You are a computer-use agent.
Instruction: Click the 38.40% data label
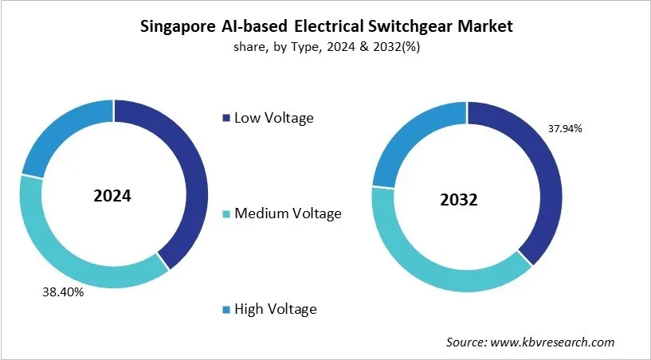pos(63,292)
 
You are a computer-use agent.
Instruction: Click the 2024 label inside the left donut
pos(112,195)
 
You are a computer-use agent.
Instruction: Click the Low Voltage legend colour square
pos(225,119)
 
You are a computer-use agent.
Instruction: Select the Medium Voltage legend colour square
pos(225,214)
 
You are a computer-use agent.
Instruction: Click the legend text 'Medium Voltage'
pos(287,213)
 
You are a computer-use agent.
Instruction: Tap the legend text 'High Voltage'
pos(275,309)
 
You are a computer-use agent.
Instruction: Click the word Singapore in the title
pos(178,26)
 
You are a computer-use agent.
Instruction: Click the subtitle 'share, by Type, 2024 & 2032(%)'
pos(326,46)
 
